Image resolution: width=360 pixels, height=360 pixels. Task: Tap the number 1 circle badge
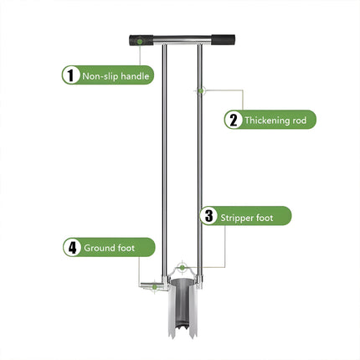69,75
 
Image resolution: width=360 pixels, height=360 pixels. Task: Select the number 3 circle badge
208,216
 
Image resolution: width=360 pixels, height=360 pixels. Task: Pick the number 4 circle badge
73,248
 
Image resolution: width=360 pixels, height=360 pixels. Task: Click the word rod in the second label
306,121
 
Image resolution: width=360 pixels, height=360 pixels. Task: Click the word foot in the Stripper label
275,217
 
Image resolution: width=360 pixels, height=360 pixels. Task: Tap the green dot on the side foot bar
154,287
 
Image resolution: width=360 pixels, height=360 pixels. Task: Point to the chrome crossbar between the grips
180,39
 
